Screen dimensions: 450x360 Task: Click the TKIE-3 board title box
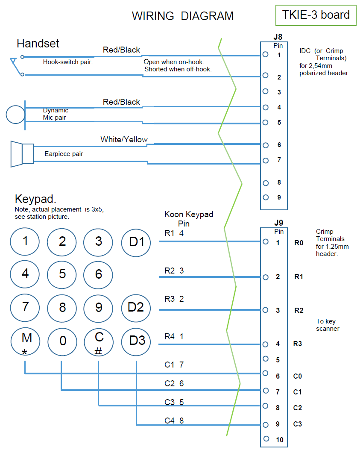[316, 15]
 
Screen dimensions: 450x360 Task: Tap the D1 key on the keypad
[136, 242]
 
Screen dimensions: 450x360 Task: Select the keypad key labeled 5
[62, 274]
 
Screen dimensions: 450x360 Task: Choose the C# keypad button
[99, 342]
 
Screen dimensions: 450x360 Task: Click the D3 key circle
[137, 341]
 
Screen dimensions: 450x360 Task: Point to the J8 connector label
[278, 37]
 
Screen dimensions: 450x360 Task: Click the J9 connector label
[278, 223]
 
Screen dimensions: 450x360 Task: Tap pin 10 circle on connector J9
[266, 438]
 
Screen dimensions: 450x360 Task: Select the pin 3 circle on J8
[265, 91]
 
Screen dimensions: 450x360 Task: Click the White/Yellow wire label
[124, 140]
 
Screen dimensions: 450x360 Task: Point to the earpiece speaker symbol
[22, 153]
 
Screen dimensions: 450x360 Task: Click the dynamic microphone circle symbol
[16, 115]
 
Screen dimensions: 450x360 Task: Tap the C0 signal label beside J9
[298, 376]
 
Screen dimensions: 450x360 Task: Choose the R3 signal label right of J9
[298, 343]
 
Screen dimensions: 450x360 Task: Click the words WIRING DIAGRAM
[183, 16]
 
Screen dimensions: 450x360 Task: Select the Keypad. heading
[35, 199]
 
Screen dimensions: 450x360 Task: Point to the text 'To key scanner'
[328, 325]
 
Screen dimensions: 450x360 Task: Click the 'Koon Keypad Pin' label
[188, 219]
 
